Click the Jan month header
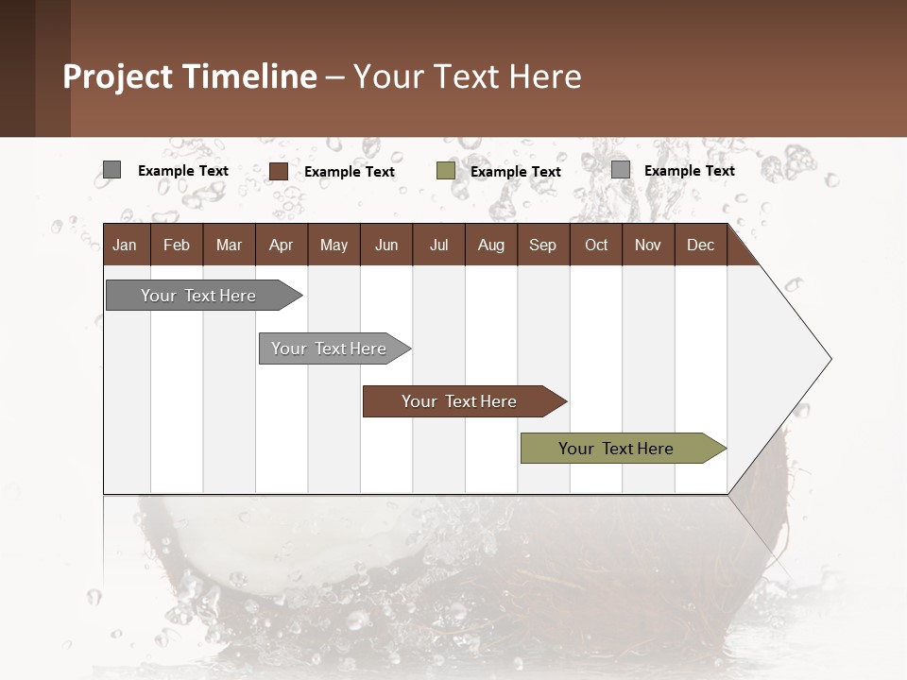click(x=125, y=245)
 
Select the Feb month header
click(x=177, y=245)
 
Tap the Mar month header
click(x=229, y=245)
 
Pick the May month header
click(x=334, y=245)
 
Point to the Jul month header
click(x=438, y=245)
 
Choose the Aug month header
click(x=490, y=245)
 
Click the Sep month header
click(x=542, y=245)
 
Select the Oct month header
click(x=596, y=245)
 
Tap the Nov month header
click(x=648, y=245)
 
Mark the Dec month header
click(x=700, y=245)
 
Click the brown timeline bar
click(x=459, y=401)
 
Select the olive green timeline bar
click(x=616, y=449)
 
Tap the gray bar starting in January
click(x=198, y=296)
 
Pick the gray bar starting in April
click(x=329, y=348)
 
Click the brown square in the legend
click(x=279, y=171)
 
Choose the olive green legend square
click(x=446, y=171)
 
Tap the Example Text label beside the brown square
click(x=350, y=172)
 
